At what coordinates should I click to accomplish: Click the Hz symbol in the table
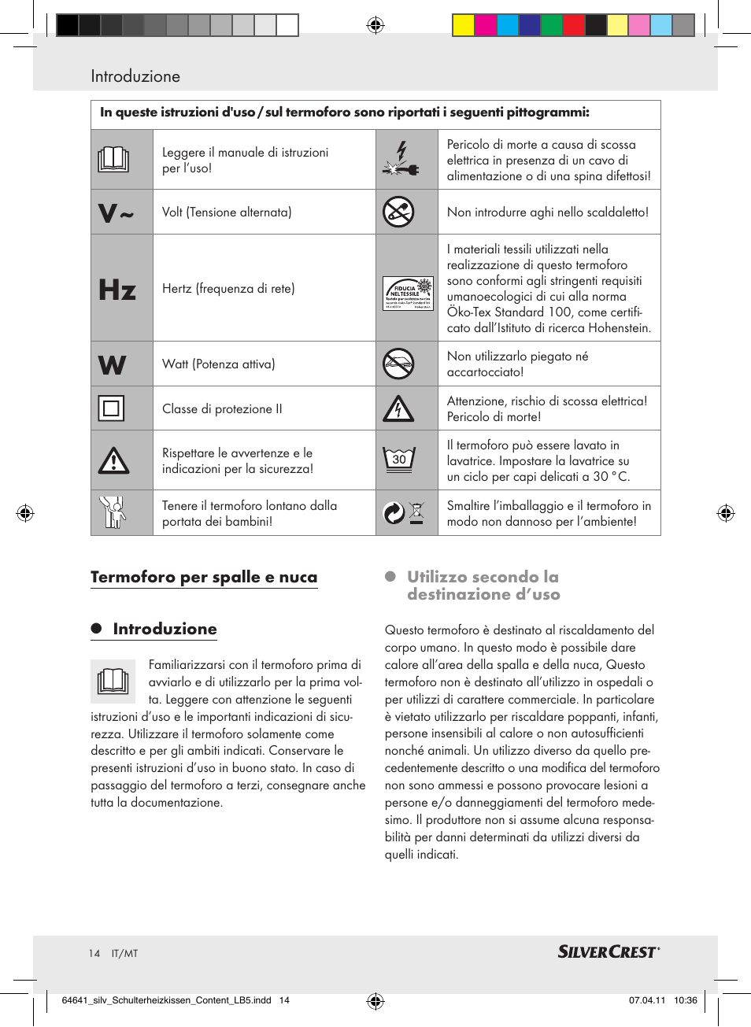pyautogui.click(x=117, y=290)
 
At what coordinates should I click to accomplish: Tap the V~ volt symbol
pyautogui.click(x=116, y=212)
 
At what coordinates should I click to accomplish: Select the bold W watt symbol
pyautogui.click(x=113, y=365)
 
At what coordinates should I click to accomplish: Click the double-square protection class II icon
pyautogui.click(x=111, y=408)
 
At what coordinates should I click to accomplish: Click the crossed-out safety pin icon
pyautogui.click(x=398, y=212)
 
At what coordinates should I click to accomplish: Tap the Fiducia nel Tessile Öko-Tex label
pyautogui.click(x=407, y=294)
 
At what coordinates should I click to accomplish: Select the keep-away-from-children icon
pyautogui.click(x=113, y=512)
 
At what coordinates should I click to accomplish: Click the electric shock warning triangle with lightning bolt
pyautogui.click(x=398, y=408)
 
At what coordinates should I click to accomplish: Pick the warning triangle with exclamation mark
pyautogui.click(x=113, y=460)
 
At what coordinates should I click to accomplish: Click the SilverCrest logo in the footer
pyautogui.click(x=608, y=952)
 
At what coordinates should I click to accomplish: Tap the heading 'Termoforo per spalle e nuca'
pyautogui.click(x=204, y=577)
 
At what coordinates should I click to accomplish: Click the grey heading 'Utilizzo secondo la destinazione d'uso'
pyautogui.click(x=483, y=586)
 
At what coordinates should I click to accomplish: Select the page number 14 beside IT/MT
pyautogui.click(x=94, y=954)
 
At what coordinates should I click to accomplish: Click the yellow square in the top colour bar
pyautogui.click(x=463, y=26)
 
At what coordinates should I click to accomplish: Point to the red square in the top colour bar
pyautogui.click(x=573, y=26)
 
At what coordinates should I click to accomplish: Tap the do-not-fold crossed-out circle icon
pyautogui.click(x=398, y=364)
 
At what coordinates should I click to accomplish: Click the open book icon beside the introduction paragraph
pyautogui.click(x=113, y=681)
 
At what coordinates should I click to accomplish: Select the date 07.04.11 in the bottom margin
pyautogui.click(x=646, y=1000)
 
